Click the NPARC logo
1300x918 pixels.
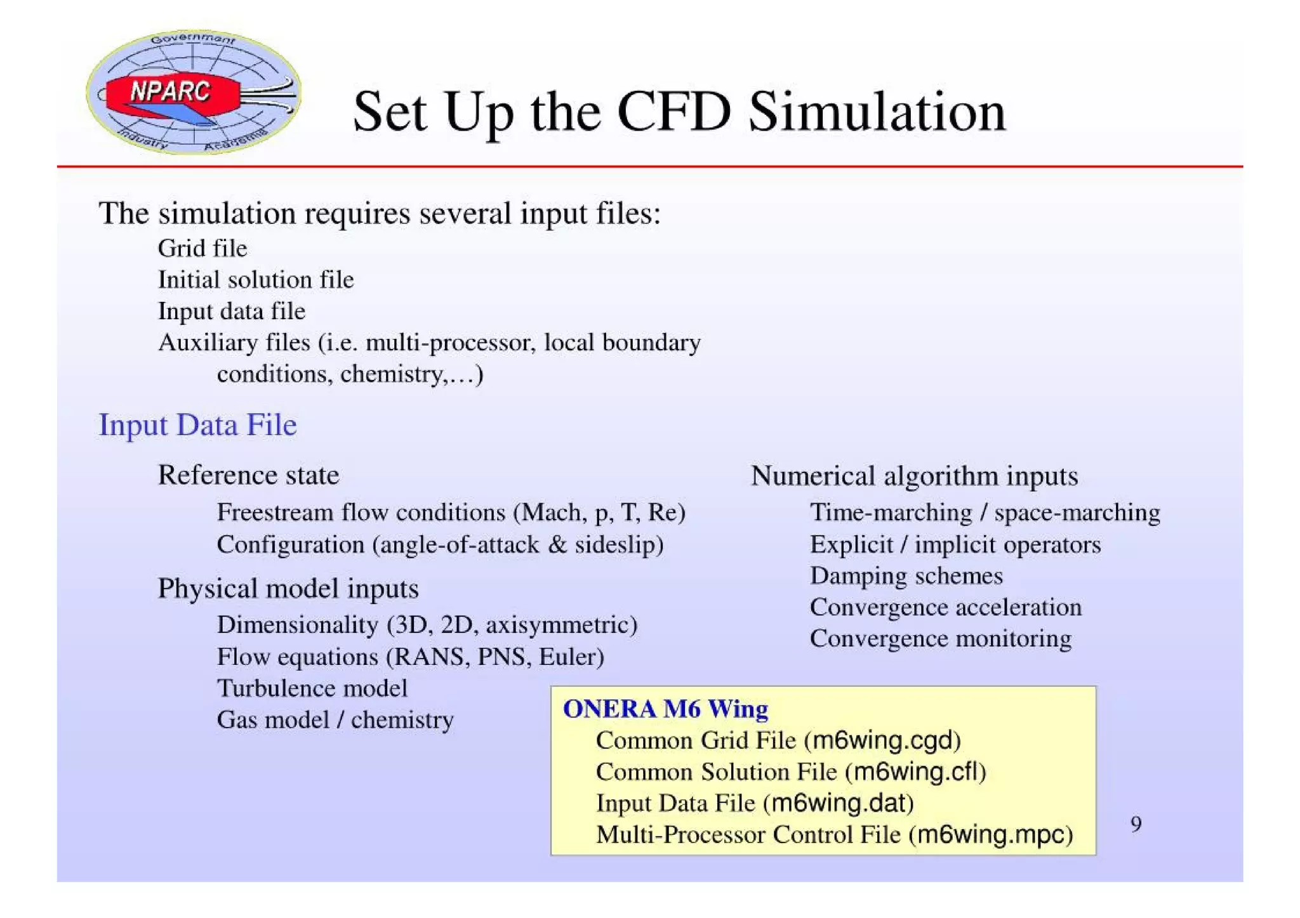click(x=194, y=93)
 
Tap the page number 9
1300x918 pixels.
click(x=1136, y=824)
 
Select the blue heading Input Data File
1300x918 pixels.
click(x=197, y=424)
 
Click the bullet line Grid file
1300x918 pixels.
click(x=202, y=248)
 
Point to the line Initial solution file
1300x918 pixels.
click(x=256, y=280)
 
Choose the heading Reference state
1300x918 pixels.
click(x=248, y=475)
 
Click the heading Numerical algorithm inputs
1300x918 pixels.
click(x=914, y=476)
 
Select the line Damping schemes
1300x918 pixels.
click(x=906, y=576)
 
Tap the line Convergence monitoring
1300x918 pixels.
click(x=940, y=639)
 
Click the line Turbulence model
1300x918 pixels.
click(x=312, y=688)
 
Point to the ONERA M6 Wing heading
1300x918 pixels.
click(x=665, y=709)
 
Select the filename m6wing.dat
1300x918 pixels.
click(x=838, y=803)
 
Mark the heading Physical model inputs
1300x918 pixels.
click(x=288, y=589)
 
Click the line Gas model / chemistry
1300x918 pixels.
click(x=335, y=720)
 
